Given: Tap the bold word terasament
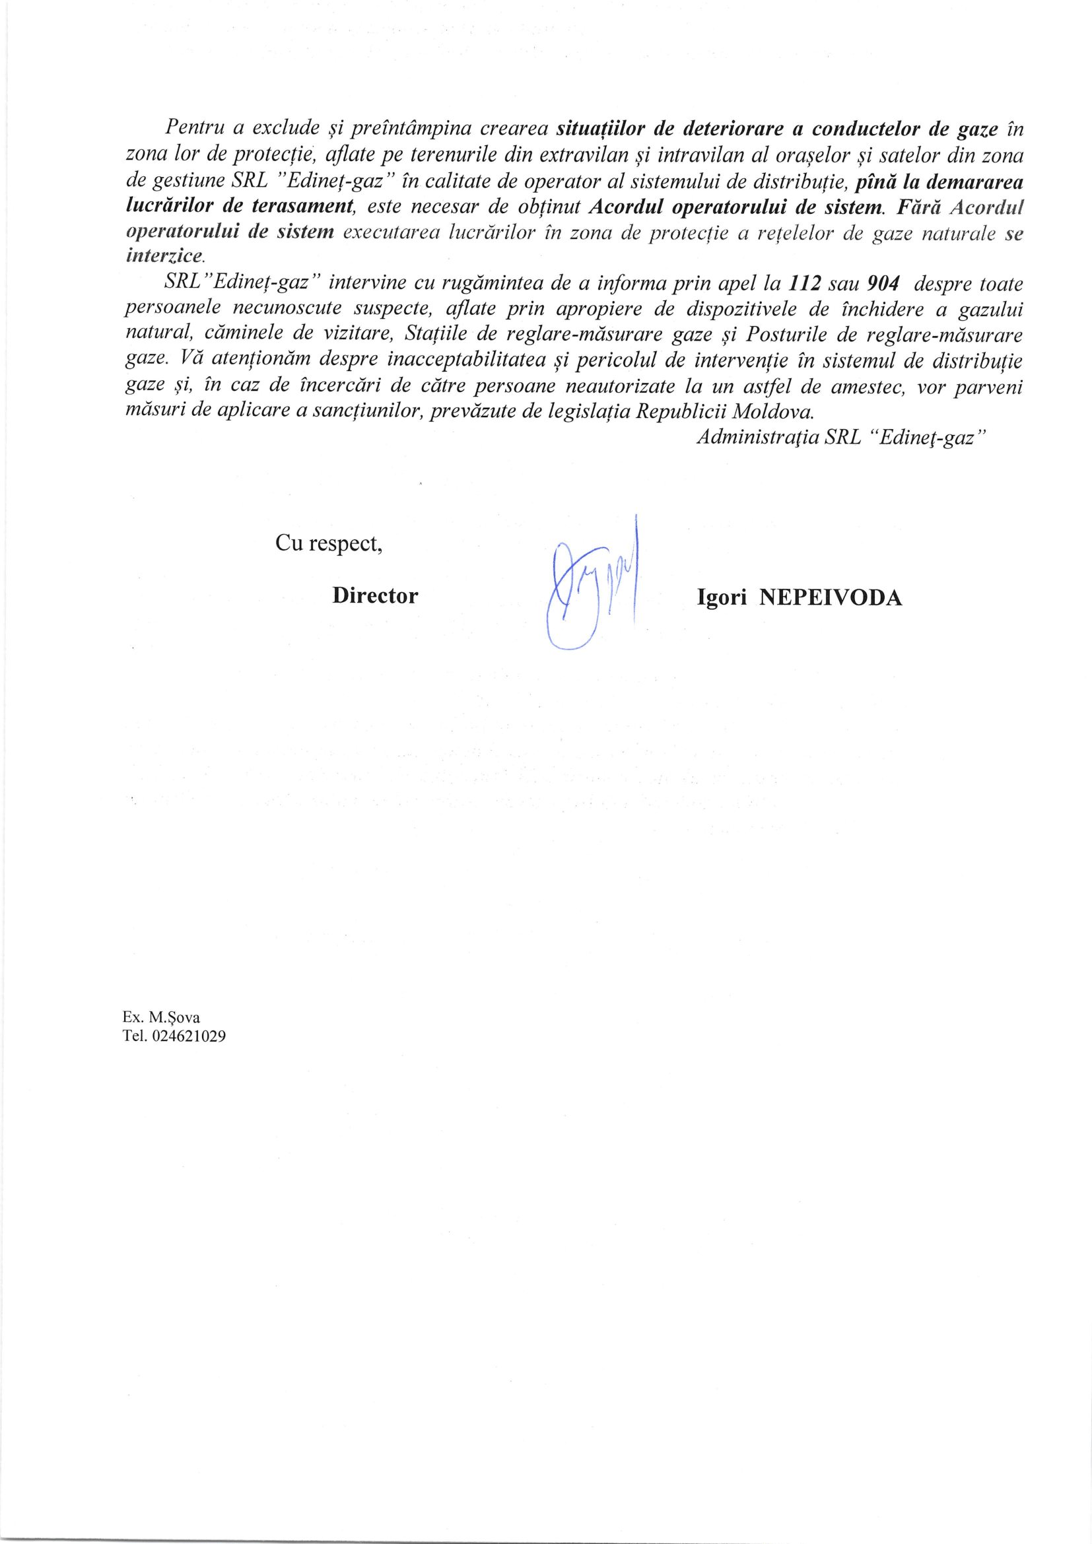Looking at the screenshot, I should click(302, 206).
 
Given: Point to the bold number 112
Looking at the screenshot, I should click(805, 283).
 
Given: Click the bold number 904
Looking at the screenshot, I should click(883, 283).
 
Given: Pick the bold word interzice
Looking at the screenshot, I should click(164, 256).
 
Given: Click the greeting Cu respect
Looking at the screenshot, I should click(329, 543).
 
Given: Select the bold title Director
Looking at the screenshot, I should click(374, 596).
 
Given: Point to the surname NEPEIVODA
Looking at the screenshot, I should click(831, 598).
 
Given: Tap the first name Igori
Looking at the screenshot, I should click(722, 598).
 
